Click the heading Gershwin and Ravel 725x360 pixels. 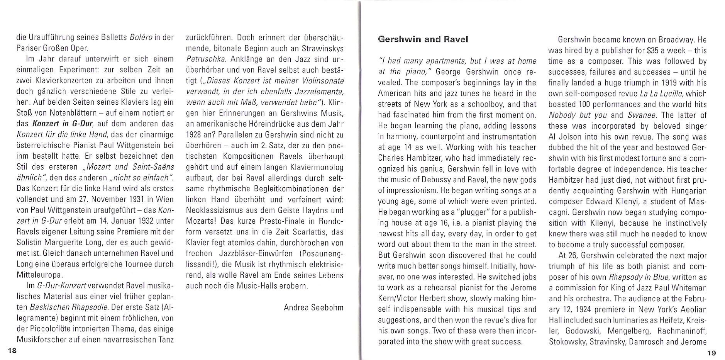423,39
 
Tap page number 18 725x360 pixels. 12,350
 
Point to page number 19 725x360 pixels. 711,353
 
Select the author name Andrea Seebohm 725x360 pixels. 313,307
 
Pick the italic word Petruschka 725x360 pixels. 203,59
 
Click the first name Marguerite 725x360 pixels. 64,243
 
